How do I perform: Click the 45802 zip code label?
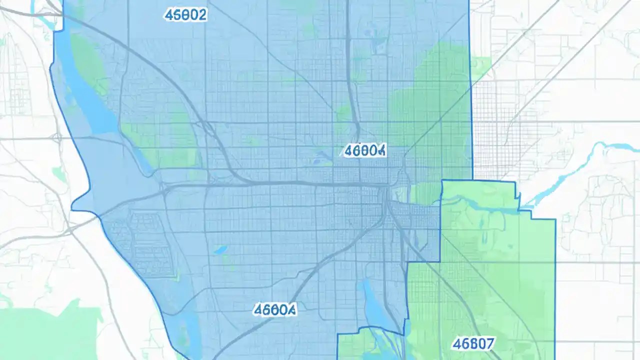point(185,15)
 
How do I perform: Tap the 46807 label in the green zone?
point(472,343)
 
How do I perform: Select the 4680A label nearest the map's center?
point(365,150)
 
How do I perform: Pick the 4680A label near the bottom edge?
point(274,309)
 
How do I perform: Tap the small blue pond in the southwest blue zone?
point(220,249)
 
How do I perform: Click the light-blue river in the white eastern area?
point(575,170)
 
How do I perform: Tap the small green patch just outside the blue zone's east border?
point(481,65)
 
